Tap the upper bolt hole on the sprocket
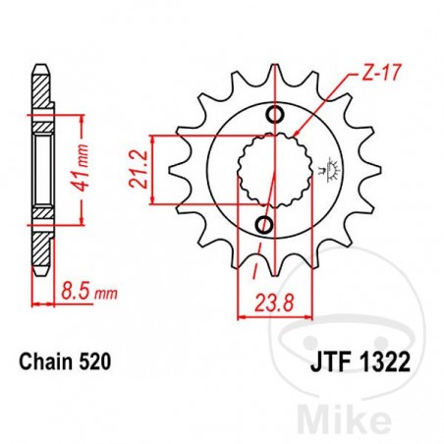(276, 116)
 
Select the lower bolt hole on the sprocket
(263, 225)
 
